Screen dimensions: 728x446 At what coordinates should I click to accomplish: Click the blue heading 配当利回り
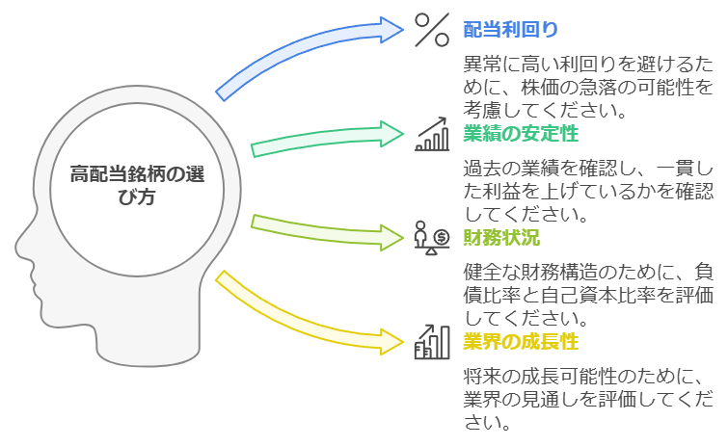tap(511, 30)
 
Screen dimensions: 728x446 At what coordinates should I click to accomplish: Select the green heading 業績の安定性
tap(521, 134)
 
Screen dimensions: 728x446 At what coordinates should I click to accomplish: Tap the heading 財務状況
tap(501, 237)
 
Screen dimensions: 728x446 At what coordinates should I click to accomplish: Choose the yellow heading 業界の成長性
tap(521, 342)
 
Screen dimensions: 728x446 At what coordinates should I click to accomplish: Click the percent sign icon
tap(432, 30)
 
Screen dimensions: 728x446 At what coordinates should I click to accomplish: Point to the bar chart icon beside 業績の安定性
tap(432, 134)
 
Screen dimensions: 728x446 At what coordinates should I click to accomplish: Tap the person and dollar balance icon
tap(432, 238)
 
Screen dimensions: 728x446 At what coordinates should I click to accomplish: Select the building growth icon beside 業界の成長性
tap(432, 342)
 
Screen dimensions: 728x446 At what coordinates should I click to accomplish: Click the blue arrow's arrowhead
tap(391, 30)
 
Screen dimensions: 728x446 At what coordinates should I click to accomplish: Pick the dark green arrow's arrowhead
tap(391, 134)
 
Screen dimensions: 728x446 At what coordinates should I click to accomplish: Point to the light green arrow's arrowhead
tap(391, 238)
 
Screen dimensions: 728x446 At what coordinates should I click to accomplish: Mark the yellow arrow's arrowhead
tap(391, 342)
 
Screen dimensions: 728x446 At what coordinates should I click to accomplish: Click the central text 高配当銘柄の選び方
tap(137, 186)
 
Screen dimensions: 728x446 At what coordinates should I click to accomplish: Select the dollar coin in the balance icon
tap(442, 238)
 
